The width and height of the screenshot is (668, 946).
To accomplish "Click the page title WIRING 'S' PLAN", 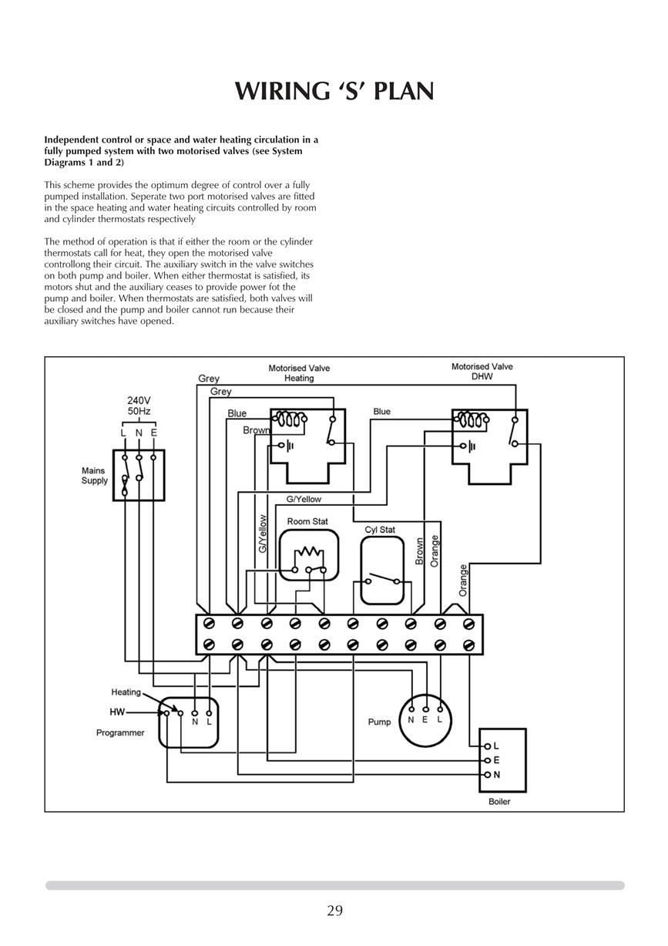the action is (334, 91).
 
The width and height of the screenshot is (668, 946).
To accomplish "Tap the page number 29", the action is (334, 911).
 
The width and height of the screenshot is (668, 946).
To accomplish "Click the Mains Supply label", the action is (95, 476).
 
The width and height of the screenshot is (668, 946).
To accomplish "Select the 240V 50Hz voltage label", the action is (139, 406).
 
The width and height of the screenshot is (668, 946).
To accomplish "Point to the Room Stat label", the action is (307, 521).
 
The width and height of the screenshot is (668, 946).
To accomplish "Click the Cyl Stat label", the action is (380, 530).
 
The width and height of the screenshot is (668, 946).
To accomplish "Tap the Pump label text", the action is (379, 722).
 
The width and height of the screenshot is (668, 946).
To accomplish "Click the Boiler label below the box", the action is (499, 801).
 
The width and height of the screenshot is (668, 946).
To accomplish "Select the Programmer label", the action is (120, 732).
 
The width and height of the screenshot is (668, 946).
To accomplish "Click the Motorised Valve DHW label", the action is (482, 371).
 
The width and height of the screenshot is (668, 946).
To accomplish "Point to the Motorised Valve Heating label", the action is (299, 373).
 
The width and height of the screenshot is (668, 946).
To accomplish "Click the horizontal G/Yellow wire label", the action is (304, 499).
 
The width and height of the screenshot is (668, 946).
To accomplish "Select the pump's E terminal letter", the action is (425, 719).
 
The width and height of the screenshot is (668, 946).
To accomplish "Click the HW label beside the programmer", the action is (117, 712).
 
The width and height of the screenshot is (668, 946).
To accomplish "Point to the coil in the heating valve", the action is (290, 419).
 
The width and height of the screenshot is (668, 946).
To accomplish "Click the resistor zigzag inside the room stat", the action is (309, 552).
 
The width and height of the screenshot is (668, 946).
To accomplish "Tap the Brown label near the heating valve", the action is (256, 430).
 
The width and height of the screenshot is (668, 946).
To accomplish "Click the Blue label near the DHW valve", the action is (382, 412).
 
